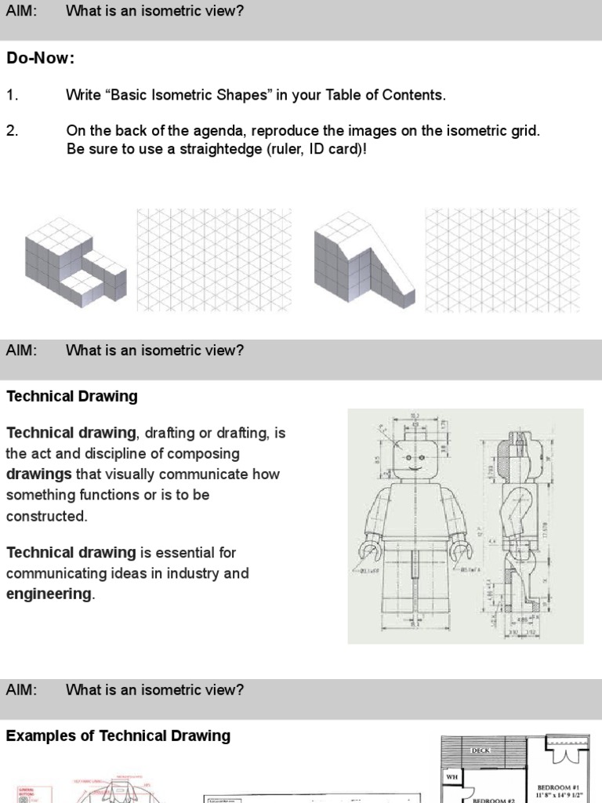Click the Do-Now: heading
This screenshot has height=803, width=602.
coord(41,59)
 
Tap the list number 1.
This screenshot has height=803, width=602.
coord(12,95)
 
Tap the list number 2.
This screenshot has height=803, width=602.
coord(12,131)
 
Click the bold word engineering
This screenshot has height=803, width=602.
coord(49,594)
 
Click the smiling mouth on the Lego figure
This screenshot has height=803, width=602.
coord(412,469)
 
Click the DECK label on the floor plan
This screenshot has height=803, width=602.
coord(481,750)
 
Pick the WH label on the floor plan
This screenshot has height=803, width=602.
coord(452,777)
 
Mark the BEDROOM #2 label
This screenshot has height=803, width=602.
coord(491,800)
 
